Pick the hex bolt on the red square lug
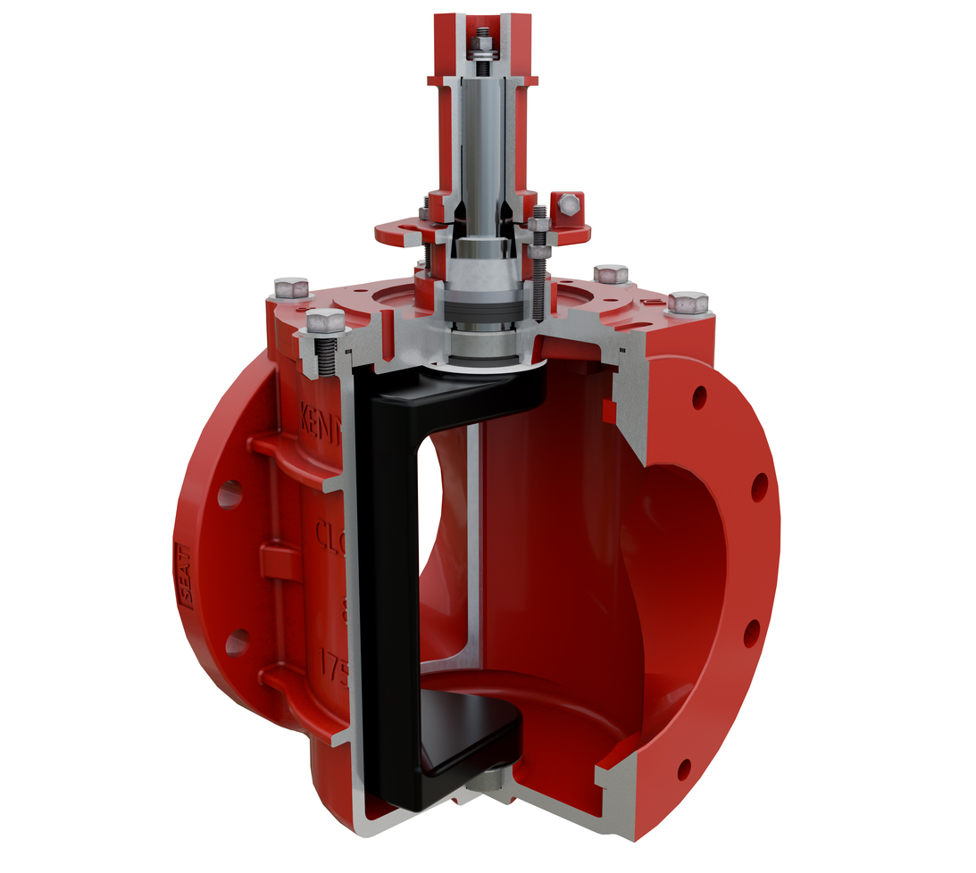(x=567, y=206)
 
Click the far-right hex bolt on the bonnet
(x=687, y=303)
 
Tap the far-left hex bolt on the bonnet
(x=291, y=288)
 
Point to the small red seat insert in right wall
(x=609, y=410)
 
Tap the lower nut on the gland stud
(x=538, y=253)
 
